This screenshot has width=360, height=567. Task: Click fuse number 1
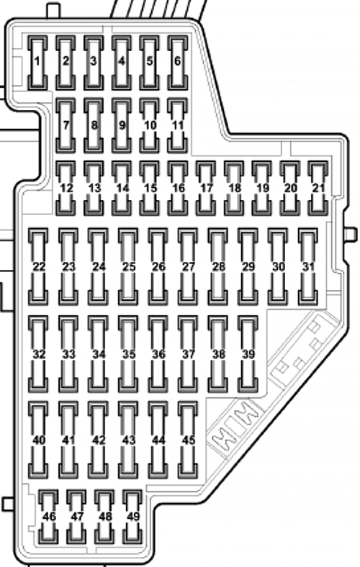click(x=37, y=63)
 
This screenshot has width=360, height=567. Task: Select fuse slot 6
click(x=178, y=63)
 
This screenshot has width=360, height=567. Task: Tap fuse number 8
click(x=94, y=125)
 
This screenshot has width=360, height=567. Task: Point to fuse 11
click(x=178, y=125)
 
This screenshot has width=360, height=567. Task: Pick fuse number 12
click(x=66, y=188)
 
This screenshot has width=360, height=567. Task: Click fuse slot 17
click(x=206, y=188)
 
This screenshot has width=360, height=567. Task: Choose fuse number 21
click(x=318, y=188)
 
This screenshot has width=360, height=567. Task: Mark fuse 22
click(x=38, y=266)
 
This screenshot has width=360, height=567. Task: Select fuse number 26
click(x=158, y=266)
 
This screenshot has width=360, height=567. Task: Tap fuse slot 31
click(x=308, y=266)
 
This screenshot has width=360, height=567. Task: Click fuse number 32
click(x=38, y=354)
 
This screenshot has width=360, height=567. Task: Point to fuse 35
click(x=128, y=354)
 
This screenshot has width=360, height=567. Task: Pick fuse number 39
click(x=248, y=354)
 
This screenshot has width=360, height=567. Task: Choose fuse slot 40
click(x=38, y=440)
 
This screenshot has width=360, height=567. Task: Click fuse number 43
click(x=128, y=440)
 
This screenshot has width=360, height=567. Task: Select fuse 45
click(x=188, y=440)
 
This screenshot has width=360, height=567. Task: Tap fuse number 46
click(x=48, y=517)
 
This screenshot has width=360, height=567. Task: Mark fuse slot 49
click(x=132, y=517)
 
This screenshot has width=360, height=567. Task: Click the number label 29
click(x=248, y=267)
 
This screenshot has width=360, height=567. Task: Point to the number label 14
click(x=122, y=188)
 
